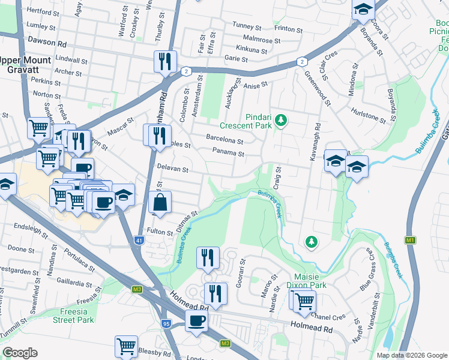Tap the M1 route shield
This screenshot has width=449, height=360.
pos(411,240)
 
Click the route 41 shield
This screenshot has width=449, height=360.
pos(139,241)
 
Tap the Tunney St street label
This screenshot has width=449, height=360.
pos(247,27)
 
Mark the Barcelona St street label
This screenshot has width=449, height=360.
pos(224,142)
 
